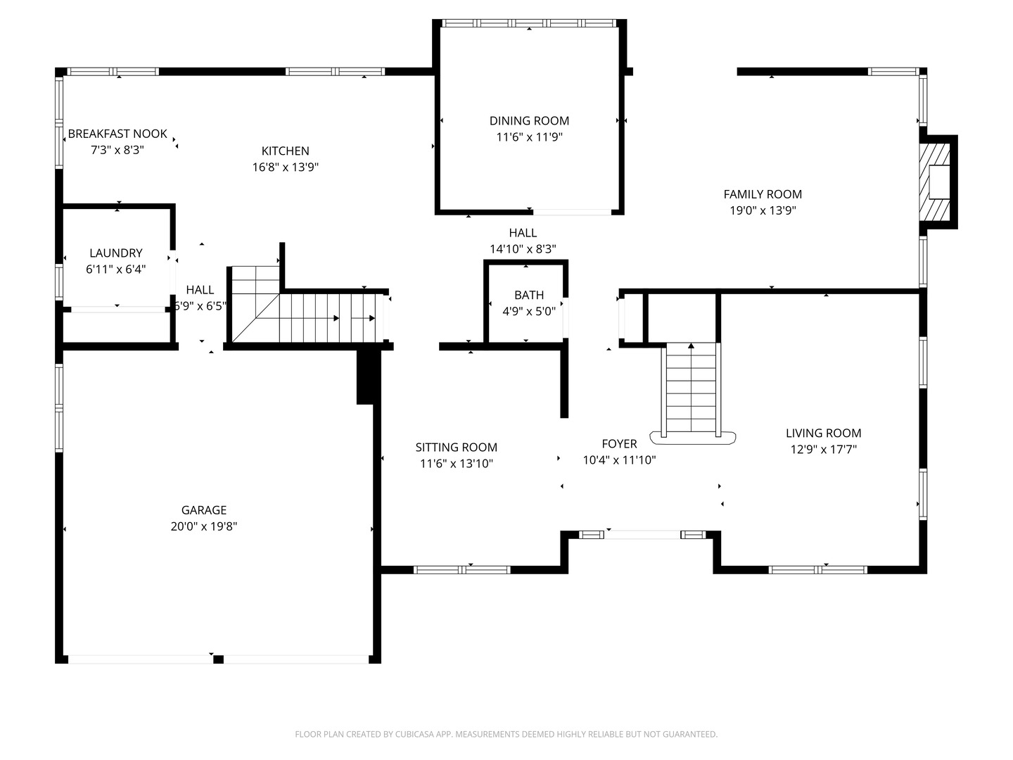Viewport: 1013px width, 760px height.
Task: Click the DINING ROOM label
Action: (529, 121)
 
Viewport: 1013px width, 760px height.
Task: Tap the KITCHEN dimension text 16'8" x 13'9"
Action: (285, 167)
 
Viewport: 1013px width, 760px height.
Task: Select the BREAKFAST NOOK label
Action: (117, 134)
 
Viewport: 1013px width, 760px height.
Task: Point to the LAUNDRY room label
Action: (116, 253)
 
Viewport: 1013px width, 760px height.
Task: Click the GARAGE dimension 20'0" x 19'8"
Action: (203, 526)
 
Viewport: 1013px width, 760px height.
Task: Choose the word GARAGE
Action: (203, 510)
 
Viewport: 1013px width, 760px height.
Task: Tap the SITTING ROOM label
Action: (456, 447)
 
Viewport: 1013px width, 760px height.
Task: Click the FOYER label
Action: (619, 443)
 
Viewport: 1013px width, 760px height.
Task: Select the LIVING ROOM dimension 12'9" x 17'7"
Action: (823, 450)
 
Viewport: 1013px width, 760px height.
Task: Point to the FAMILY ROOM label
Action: (763, 194)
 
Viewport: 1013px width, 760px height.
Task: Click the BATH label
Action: (529, 295)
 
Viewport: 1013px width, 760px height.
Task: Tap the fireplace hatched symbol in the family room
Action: (934, 182)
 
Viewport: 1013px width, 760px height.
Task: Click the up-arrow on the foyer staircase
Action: (691, 346)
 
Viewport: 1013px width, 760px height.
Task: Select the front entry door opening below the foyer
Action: (642, 535)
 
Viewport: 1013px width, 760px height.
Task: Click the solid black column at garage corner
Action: (368, 376)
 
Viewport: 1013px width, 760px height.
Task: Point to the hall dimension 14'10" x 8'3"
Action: (523, 249)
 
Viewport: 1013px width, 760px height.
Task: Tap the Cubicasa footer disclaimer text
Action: (506, 734)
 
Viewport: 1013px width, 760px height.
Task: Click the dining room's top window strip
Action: (529, 23)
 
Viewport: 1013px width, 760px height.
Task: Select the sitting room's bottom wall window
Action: (461, 570)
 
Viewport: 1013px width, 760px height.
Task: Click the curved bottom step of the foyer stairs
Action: (692, 438)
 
